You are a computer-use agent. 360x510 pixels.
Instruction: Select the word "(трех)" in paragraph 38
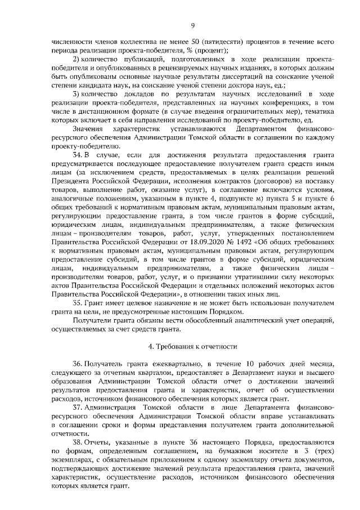tap(323, 452)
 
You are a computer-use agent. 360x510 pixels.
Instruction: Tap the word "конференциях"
tap(286, 104)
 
